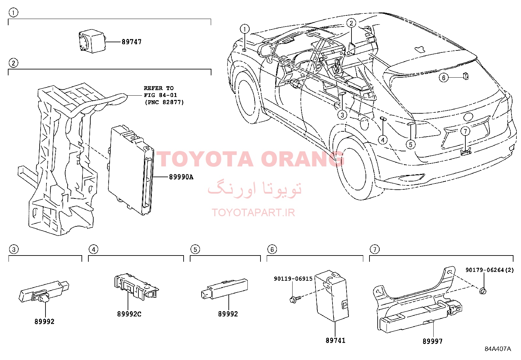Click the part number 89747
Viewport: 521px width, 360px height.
132,42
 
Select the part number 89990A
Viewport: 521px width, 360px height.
181,177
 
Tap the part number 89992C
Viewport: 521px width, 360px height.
129,314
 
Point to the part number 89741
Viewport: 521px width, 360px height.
335,340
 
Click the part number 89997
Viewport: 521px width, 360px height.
432,341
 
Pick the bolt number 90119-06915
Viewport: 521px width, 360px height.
293,279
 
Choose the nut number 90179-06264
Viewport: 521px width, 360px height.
484,270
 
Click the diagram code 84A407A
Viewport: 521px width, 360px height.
498,349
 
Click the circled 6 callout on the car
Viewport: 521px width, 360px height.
443,78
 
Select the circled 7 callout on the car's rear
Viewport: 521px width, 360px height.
465,131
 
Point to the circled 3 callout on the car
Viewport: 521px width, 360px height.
342,115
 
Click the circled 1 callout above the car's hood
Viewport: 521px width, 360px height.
244,29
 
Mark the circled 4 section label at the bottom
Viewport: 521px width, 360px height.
94,249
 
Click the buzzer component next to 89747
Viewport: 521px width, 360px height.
92,41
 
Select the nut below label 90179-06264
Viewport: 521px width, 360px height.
483,291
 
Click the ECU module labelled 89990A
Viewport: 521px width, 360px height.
131,170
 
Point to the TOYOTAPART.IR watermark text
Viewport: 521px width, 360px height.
253,213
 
